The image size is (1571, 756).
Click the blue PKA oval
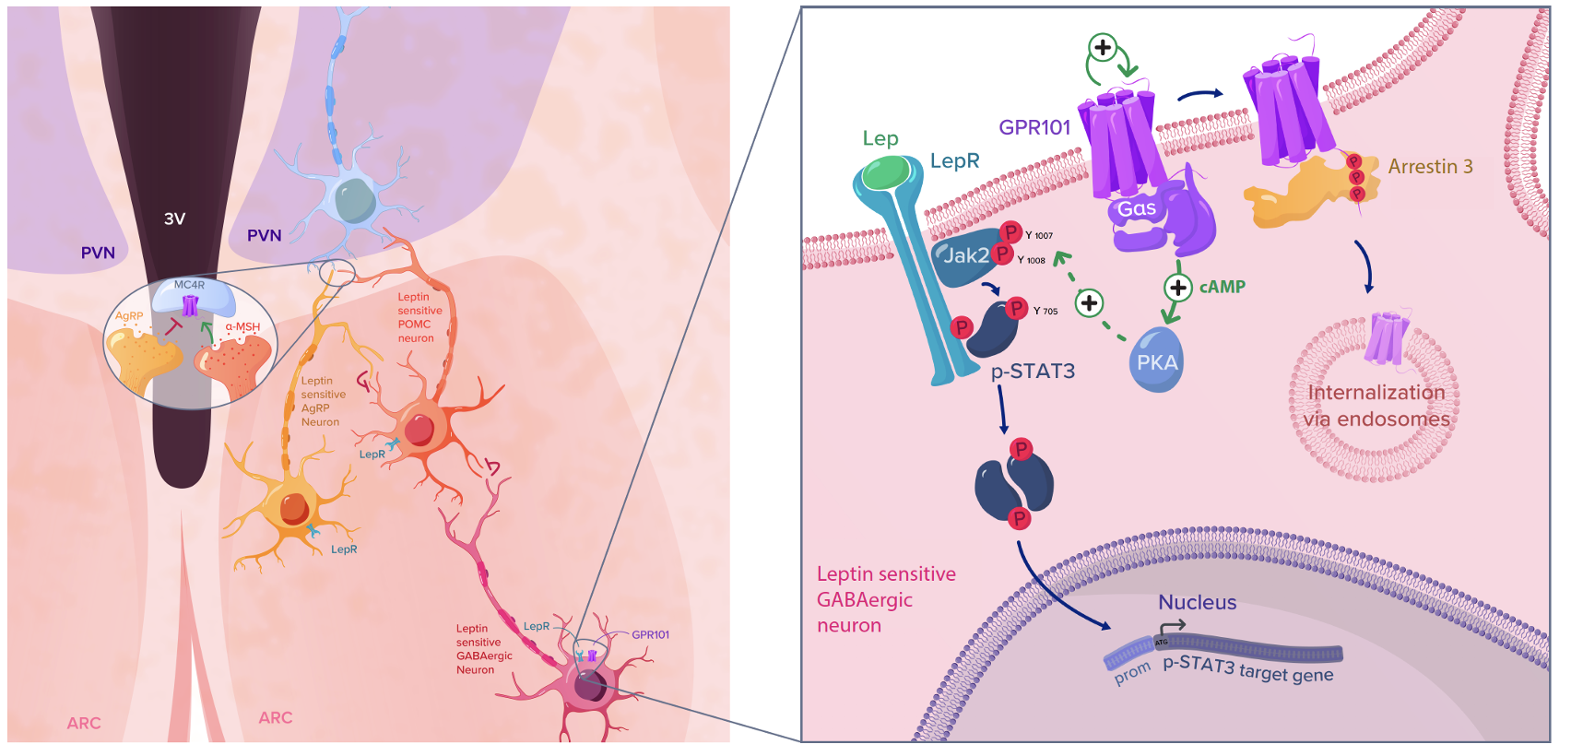coord(1156,361)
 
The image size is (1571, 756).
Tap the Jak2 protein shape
coord(963,255)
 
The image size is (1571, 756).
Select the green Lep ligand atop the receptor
coord(886,172)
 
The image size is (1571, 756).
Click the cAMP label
coord(1223,287)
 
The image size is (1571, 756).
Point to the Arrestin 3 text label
coord(1430,167)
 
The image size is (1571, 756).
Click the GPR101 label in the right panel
coord(1034,127)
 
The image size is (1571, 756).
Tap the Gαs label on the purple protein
coord(1137,209)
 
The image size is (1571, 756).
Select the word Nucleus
coord(1197,602)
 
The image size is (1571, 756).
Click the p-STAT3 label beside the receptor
coord(1033,371)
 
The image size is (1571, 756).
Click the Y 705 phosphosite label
coord(1045,312)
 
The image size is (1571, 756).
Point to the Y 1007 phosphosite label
coord(1039,236)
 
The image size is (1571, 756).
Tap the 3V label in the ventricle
coord(174,219)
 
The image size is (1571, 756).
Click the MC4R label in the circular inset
coord(189,285)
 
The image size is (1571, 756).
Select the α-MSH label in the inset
coord(242,327)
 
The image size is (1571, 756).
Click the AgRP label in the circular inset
coord(129,316)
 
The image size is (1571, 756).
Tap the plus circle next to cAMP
coord(1177,288)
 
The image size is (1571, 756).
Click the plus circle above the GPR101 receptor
coord(1103,47)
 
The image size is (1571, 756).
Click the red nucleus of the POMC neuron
coord(419,430)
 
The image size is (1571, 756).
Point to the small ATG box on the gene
coord(1162,642)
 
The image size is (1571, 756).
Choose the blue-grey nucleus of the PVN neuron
coord(355,200)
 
